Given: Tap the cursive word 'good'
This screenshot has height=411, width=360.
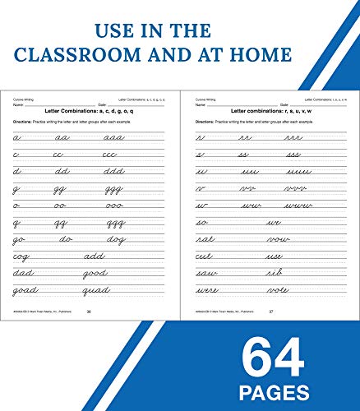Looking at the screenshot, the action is click(x=95, y=273).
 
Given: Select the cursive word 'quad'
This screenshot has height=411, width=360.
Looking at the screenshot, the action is click(x=97, y=289).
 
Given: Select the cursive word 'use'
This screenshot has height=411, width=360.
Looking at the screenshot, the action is click(x=273, y=256).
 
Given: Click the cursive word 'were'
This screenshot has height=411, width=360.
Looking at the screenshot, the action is click(x=207, y=289).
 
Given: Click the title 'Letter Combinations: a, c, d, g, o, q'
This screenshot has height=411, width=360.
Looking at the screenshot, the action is click(x=88, y=109).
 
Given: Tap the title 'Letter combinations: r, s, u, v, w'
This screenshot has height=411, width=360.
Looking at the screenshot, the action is click(x=269, y=109).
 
